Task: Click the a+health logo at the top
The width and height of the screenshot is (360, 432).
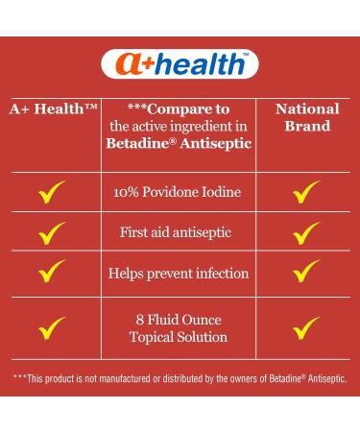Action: pos(180,65)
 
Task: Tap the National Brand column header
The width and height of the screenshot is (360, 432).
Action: pos(307,117)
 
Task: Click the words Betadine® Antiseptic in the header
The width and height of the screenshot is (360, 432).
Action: pos(179,142)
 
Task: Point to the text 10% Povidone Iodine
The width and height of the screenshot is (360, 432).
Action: pos(178,192)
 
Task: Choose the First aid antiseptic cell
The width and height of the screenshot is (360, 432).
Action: pos(178,232)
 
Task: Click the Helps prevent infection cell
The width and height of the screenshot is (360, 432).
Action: pos(178,274)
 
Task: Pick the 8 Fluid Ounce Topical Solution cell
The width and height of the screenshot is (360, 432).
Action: pos(178,328)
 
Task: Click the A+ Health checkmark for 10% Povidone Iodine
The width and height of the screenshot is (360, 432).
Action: pos(52,193)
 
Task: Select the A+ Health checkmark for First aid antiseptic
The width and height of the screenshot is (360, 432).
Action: pos(52,233)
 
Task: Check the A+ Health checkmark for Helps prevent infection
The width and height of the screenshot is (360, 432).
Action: pos(52,275)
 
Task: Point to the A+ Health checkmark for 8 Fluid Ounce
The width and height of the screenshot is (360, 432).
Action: pos(52,329)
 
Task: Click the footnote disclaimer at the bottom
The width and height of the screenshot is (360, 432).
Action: pos(180,377)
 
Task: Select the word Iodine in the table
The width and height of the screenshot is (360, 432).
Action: pos(219,192)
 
